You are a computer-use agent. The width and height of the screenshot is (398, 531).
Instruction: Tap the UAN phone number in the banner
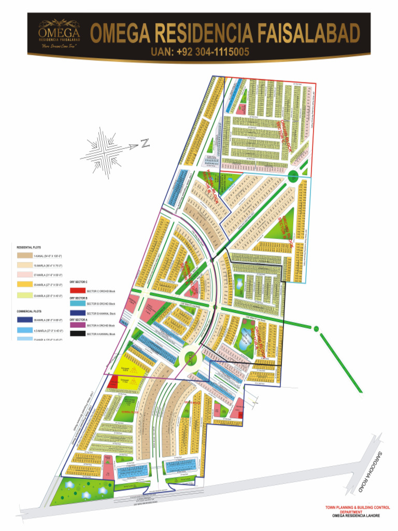[x=200, y=52]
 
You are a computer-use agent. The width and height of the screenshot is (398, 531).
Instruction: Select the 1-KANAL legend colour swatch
[x=24, y=256]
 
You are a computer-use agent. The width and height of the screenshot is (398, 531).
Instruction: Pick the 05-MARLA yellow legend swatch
[x=24, y=285]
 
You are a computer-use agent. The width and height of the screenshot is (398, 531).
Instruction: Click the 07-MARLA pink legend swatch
[x=24, y=275]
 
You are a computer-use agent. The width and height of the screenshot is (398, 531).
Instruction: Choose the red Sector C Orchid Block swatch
[x=77, y=292]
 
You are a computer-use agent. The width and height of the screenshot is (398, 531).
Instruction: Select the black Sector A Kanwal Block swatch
[x=77, y=333]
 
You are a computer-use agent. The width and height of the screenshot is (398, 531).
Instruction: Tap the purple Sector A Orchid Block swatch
[x=77, y=325]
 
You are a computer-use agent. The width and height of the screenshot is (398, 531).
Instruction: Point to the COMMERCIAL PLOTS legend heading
[x=29, y=311]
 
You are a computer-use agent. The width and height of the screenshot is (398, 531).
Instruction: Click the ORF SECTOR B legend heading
[x=79, y=298]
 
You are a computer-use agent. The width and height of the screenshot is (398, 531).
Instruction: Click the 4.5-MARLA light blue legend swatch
[x=24, y=330]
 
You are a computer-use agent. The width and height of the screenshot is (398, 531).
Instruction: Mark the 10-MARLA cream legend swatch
[x=24, y=265]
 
